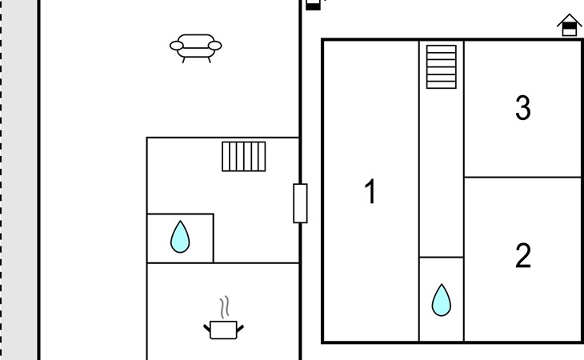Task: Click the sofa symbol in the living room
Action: pos(195,48)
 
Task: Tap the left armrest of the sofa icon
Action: pos(177,46)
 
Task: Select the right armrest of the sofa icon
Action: pos(215,46)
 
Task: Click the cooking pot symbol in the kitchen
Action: pos(223,330)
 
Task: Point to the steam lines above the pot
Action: pos(224,307)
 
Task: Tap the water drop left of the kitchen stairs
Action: pos(180,237)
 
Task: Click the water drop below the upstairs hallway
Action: pos(442,300)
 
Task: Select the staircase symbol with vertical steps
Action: pos(244,156)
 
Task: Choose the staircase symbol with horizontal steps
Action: pos(442,67)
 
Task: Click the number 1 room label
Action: pos(370,191)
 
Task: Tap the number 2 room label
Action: pos(523,255)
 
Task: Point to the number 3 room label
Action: pos(523,107)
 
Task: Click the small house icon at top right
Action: pos(569,25)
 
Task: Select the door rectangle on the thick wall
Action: pos(300,203)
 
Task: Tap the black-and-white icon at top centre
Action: pos(313,5)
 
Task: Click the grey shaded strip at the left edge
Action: pos(18,180)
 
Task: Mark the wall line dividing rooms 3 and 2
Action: pos(523,178)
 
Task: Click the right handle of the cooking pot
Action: pos(240,328)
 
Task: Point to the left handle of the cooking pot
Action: pos(207,328)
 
